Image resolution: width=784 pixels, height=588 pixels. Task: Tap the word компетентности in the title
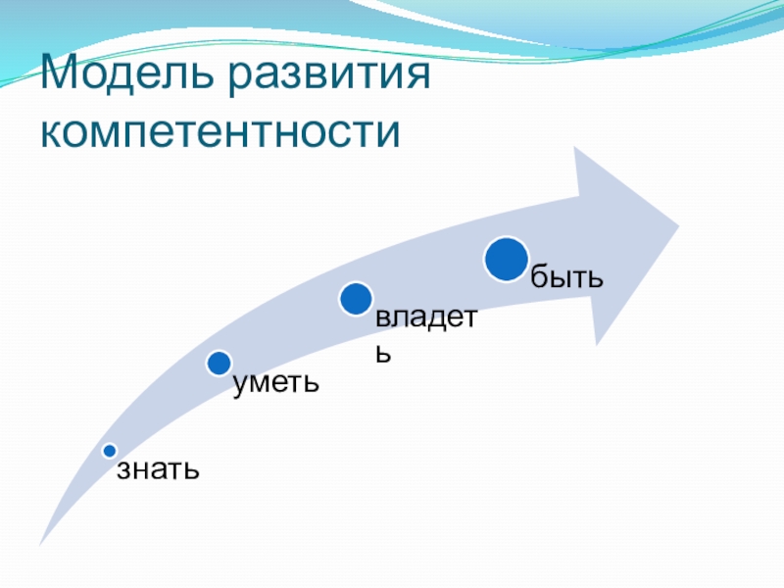tap(221, 130)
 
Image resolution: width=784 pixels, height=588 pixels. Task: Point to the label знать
tap(159, 469)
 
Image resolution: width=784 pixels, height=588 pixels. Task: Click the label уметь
tap(275, 382)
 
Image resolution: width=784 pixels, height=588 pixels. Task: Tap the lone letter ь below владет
tap(383, 353)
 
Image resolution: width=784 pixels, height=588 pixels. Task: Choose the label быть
tap(565, 277)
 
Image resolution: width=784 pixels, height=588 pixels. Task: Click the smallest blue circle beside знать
tap(110, 451)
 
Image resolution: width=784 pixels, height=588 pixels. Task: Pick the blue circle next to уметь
tap(220, 364)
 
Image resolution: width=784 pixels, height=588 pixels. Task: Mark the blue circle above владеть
tap(356, 299)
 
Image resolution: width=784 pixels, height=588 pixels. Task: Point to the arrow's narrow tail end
tap(41, 542)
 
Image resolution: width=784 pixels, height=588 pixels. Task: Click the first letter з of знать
tap(123, 470)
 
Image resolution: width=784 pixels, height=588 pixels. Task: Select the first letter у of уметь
tap(240, 384)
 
